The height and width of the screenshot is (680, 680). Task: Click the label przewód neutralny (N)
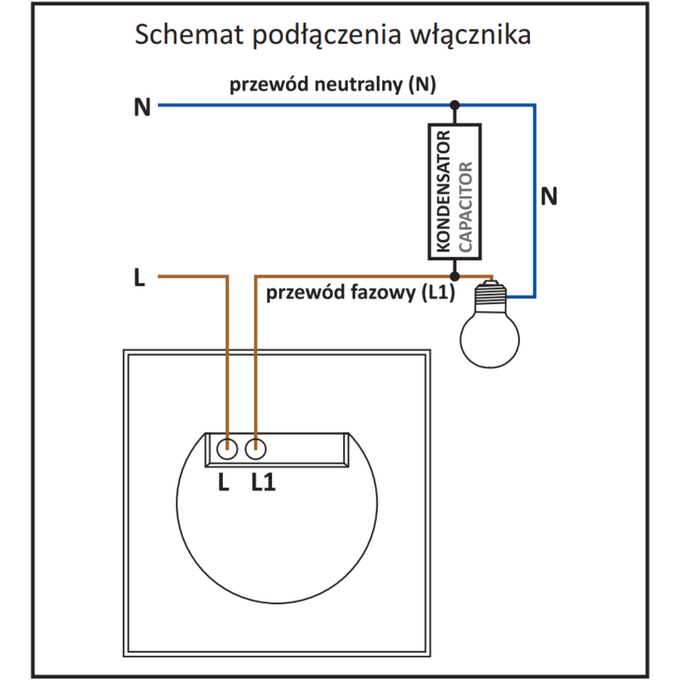point(333,85)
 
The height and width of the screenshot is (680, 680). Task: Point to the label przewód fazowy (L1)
point(360,293)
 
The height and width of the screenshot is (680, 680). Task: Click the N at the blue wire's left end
point(142,107)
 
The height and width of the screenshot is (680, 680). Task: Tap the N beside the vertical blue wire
point(549,197)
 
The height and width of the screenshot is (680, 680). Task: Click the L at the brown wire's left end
point(139,278)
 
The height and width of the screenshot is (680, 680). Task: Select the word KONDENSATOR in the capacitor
point(444,192)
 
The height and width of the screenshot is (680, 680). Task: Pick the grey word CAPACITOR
point(465,207)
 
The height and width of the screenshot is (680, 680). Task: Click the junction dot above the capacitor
point(454,105)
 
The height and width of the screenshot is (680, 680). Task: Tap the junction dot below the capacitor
point(454,276)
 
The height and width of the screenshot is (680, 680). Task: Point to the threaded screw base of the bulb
point(490,294)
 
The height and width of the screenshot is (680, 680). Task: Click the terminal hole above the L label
point(227,449)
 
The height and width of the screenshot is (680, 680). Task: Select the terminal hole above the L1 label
point(256,449)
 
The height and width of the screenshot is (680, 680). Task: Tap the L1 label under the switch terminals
point(263,483)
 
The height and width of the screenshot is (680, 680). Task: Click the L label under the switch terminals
point(224,483)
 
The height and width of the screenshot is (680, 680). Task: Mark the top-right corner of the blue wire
point(534,105)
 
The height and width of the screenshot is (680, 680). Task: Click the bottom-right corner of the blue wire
point(534,296)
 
